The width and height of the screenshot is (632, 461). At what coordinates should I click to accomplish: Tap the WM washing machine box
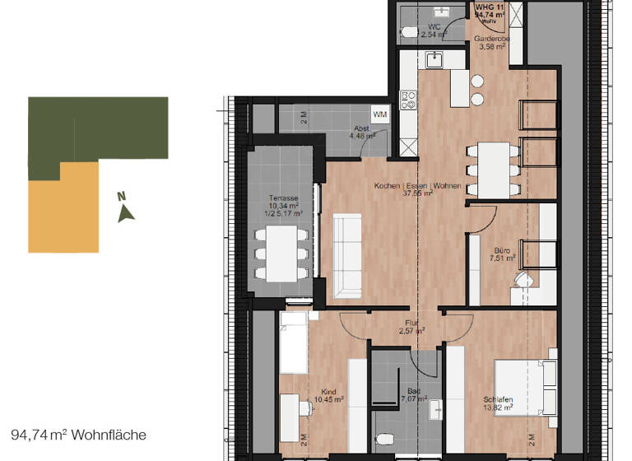pos(380,114)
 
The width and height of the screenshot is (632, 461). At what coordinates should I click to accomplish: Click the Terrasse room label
pos(284,198)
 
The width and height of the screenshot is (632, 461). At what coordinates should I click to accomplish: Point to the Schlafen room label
pos(499,401)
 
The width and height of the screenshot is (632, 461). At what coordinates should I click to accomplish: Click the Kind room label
pos(329,393)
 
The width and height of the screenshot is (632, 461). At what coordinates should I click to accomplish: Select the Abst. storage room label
pos(361,129)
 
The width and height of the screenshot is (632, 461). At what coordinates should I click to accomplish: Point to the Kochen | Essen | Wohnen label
pos(416,186)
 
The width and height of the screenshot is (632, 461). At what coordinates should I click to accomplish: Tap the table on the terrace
pos(282,251)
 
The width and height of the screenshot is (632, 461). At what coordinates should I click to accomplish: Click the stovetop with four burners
pos(407,100)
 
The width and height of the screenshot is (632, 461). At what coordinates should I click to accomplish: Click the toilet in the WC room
pos(408,34)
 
